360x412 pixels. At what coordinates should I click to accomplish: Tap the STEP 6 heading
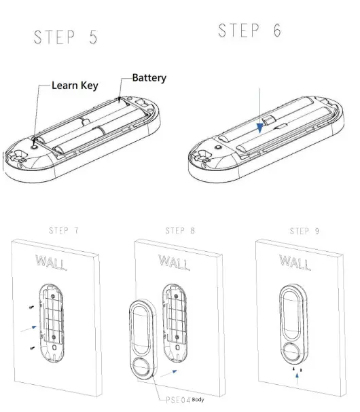pos(249,31)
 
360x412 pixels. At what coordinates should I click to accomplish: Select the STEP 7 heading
pos(64,231)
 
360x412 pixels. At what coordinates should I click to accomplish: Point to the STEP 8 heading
pos(180,231)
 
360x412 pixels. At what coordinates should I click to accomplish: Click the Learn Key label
pos(74,86)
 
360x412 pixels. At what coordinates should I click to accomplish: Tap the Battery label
pos(149,78)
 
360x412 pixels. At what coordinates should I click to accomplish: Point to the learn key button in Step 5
pos(33,143)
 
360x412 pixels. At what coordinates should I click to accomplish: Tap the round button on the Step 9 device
pos(294,352)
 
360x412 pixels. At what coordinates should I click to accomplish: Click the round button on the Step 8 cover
pos(143,370)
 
